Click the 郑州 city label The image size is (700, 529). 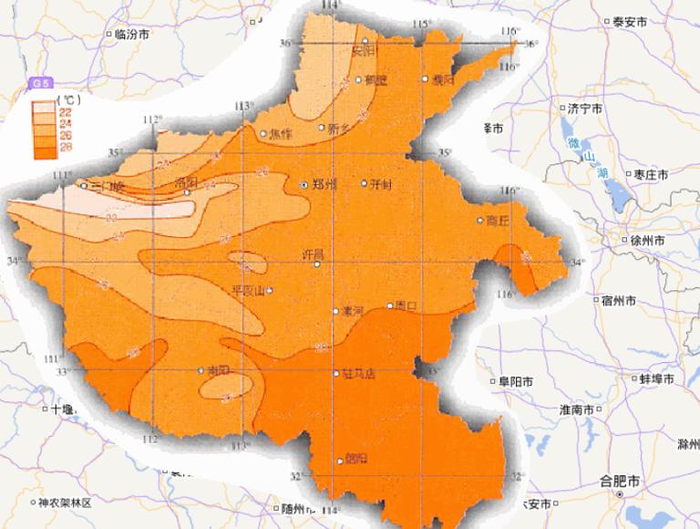(x=324, y=184)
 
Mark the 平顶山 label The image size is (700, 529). (x=248, y=291)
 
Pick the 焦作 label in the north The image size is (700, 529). (x=283, y=134)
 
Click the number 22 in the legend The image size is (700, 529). (x=66, y=110)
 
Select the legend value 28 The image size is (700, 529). (x=66, y=146)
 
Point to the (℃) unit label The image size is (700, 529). (x=65, y=97)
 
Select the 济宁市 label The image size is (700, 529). (x=585, y=108)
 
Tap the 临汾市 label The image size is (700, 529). (x=132, y=35)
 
